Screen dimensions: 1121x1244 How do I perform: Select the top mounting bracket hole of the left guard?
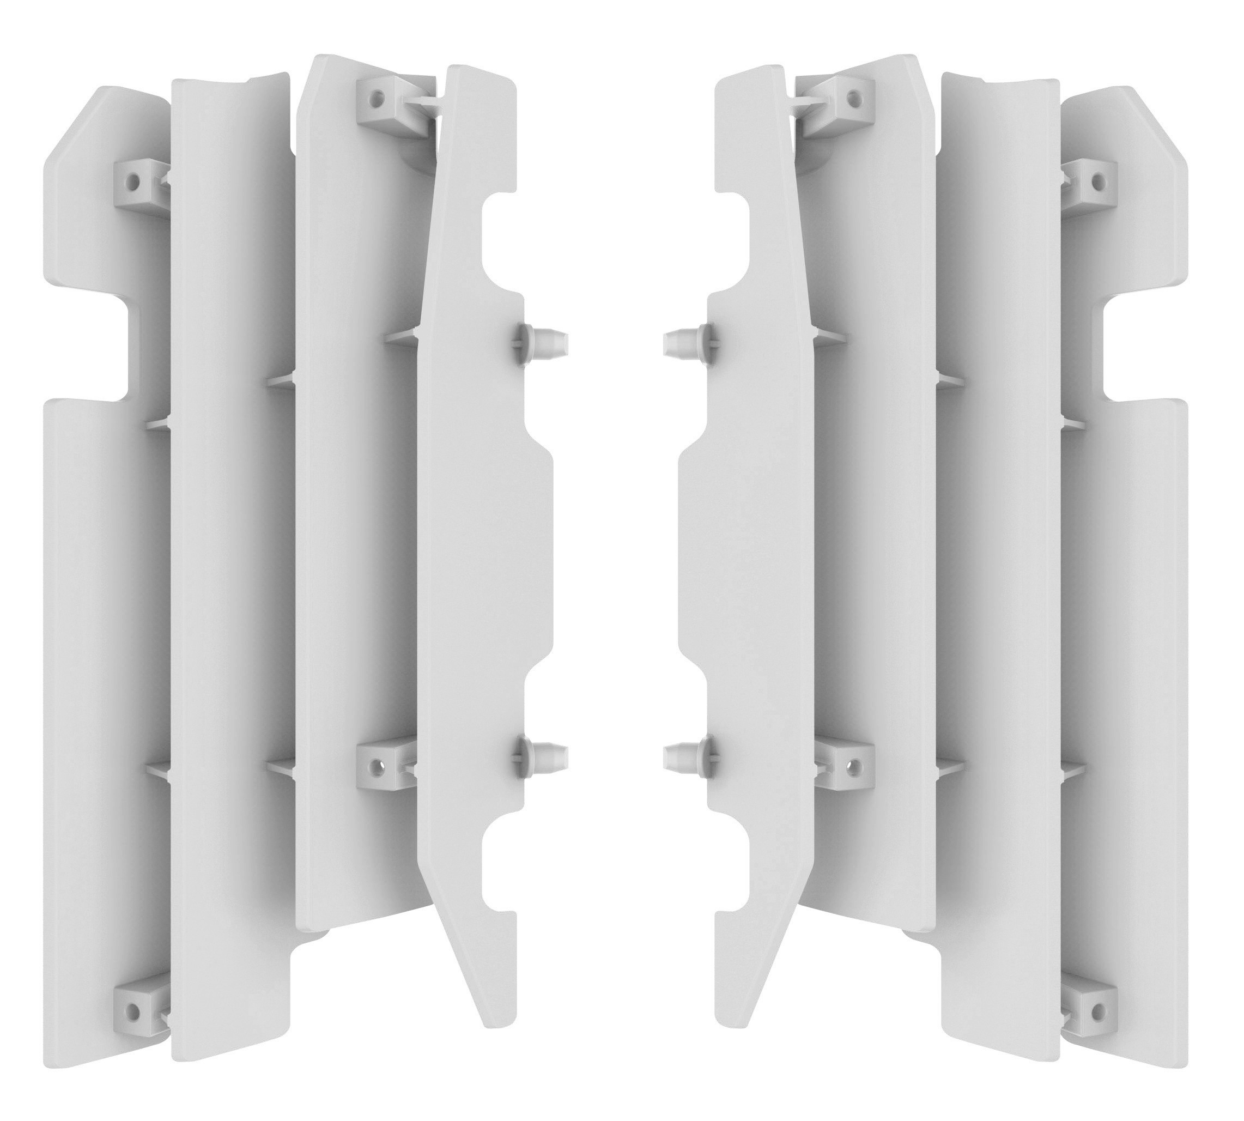[x=377, y=96]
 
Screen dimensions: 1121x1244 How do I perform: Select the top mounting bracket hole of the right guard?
[x=853, y=96]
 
